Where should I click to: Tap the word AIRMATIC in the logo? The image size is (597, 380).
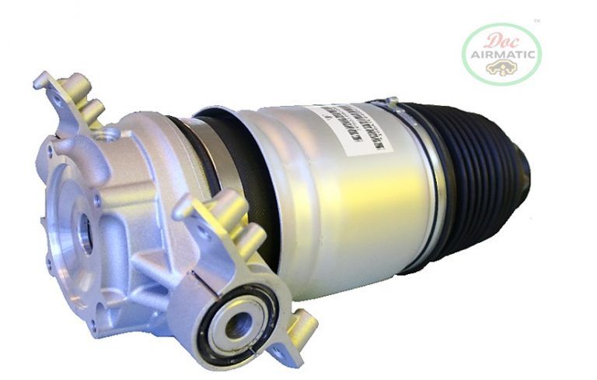pos(501,54)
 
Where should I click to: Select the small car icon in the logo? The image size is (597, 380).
pos(501,69)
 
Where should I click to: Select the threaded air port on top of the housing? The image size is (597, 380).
pos(109,135)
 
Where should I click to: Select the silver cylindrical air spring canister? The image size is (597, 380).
pos(342,195)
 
